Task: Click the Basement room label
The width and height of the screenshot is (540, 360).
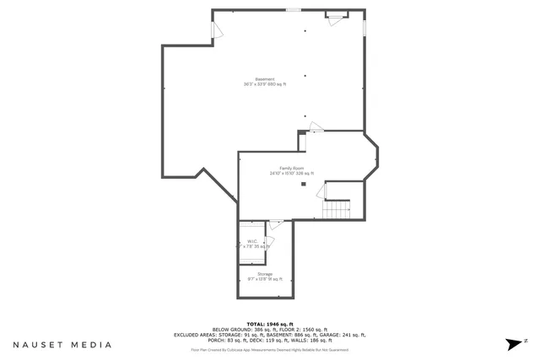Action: pyautogui.click(x=265, y=79)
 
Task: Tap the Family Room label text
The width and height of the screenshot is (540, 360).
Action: pyautogui.click(x=292, y=168)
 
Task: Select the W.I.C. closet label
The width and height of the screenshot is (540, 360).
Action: pyautogui.click(x=252, y=241)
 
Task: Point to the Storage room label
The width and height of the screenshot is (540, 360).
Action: pyautogui.click(x=265, y=274)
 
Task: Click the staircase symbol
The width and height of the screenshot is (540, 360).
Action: pyautogui.click(x=338, y=208)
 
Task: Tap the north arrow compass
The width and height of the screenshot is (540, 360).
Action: pyautogui.click(x=514, y=343)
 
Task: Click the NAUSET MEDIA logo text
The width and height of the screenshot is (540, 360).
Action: pyautogui.click(x=62, y=344)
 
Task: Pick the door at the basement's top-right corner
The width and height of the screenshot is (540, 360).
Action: pyautogui.click(x=337, y=16)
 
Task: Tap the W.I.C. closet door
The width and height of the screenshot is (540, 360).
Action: pyautogui.click(x=270, y=242)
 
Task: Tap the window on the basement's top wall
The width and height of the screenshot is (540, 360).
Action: pyautogui.click(x=293, y=10)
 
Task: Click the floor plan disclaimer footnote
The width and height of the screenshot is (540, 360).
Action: pyautogui.click(x=269, y=350)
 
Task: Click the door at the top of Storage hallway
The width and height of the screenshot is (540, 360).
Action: pyautogui.click(x=275, y=224)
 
